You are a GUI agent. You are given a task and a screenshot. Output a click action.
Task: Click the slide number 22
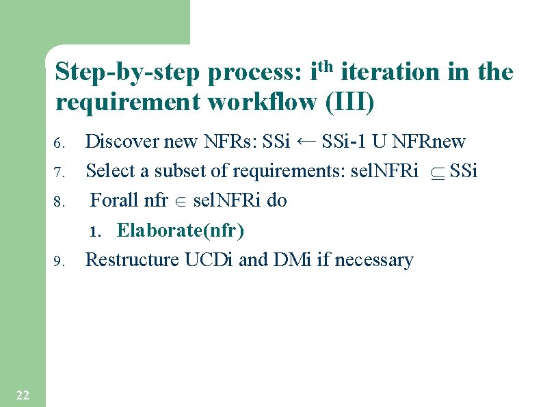tap(22, 395)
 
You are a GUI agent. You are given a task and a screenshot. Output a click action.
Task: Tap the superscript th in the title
tap(326, 66)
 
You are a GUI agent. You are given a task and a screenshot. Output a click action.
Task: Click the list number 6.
tap(59, 144)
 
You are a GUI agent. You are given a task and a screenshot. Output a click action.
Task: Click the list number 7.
tap(59, 171)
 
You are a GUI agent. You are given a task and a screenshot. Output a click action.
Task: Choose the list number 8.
tap(59, 202)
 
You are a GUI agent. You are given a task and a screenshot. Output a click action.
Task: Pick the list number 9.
tap(59, 261)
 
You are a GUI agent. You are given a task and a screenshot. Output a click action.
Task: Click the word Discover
tap(121, 142)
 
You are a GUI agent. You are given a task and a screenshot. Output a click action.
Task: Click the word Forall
tap(114, 200)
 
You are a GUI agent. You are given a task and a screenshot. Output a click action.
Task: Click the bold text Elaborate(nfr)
tap(181, 231)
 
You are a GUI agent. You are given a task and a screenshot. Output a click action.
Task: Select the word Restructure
tap(133, 260)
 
